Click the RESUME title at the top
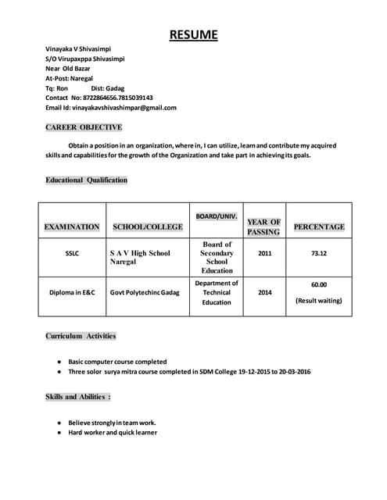click(193, 34)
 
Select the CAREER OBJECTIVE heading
click(84, 127)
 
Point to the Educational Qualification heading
click(86, 180)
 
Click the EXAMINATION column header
click(72, 227)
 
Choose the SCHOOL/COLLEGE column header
click(148, 227)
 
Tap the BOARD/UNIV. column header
click(217, 215)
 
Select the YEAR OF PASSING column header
click(263, 227)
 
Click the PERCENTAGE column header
click(318, 227)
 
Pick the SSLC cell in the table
click(72, 253)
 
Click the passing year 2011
click(265, 253)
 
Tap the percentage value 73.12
click(319, 253)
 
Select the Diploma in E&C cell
click(72, 293)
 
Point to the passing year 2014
click(265, 293)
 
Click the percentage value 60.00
click(319, 285)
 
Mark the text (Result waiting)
click(319, 301)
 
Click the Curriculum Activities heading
click(81, 336)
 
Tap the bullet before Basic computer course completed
click(59, 362)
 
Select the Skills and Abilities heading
click(78, 397)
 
